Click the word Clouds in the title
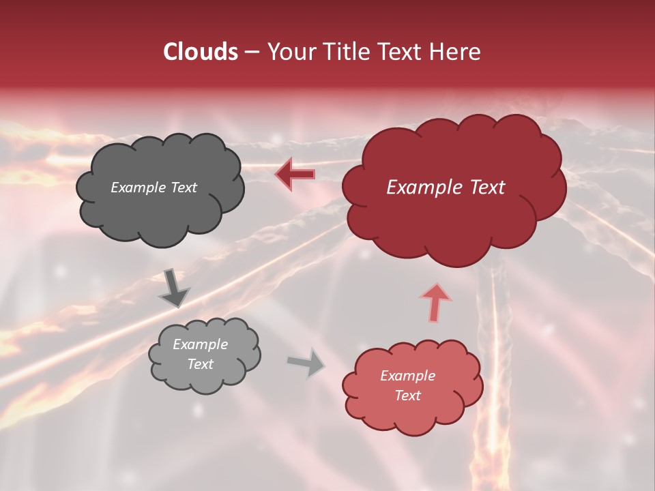[200, 52]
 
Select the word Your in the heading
[290, 52]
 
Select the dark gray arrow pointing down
[174, 288]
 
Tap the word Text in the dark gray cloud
[184, 188]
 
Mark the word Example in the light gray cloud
[200, 344]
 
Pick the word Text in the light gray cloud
[200, 364]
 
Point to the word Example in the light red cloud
[407, 376]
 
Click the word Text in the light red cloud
[407, 396]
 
